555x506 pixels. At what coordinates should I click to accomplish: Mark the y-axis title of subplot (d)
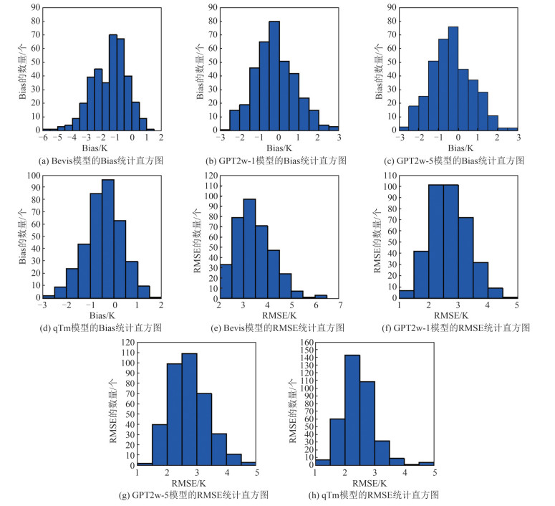click(x=20, y=235)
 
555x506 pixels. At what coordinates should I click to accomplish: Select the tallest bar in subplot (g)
click(x=190, y=409)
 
